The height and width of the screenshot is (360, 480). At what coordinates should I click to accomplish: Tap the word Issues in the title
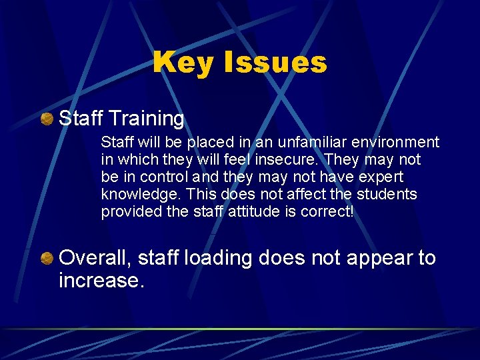[x=275, y=63]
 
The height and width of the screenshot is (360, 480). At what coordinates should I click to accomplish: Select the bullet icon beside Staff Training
[x=47, y=119]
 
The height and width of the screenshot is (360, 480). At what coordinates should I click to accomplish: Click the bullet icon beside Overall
[x=47, y=258]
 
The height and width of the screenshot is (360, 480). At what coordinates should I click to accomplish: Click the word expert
[x=381, y=177]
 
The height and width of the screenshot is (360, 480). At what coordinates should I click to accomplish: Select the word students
[x=387, y=195]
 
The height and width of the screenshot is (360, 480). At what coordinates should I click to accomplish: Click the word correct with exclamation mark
[x=331, y=212]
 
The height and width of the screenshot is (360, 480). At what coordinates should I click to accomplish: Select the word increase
[x=101, y=281]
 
